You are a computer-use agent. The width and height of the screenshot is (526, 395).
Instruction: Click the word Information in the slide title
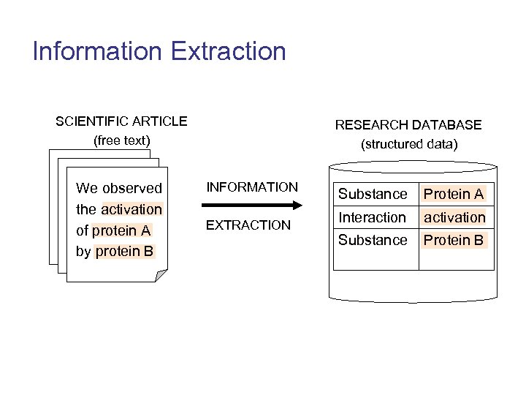pyautogui.click(x=98, y=51)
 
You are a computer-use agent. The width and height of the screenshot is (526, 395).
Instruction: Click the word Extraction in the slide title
pyautogui.click(x=228, y=51)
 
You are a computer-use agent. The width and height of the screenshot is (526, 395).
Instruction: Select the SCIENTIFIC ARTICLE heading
pyautogui.click(x=121, y=121)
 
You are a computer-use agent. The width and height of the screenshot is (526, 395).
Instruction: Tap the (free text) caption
pyautogui.click(x=121, y=140)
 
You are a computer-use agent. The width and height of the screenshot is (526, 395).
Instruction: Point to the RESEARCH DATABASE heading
pyautogui.click(x=408, y=125)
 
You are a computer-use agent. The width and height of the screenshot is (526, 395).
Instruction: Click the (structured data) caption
pyautogui.click(x=409, y=144)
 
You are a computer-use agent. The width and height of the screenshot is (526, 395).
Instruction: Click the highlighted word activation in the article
pyautogui.click(x=131, y=209)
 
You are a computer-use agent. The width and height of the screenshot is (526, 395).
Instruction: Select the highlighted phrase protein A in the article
pyautogui.click(x=121, y=230)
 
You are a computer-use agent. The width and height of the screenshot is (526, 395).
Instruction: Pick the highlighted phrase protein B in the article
pyautogui.click(x=124, y=252)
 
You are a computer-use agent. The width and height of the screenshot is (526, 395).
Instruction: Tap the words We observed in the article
pyautogui.click(x=119, y=188)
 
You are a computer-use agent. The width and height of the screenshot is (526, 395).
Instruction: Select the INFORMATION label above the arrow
pyautogui.click(x=252, y=187)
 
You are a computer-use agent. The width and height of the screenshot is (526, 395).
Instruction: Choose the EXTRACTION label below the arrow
pyautogui.click(x=248, y=225)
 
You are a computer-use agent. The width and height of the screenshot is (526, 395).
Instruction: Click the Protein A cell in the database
pyautogui.click(x=454, y=194)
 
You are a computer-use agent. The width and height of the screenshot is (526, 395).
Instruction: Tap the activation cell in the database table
pyautogui.click(x=454, y=217)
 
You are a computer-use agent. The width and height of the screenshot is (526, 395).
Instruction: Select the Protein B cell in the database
pyautogui.click(x=454, y=240)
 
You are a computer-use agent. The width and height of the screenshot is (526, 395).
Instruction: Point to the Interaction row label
pyautogui.click(x=372, y=217)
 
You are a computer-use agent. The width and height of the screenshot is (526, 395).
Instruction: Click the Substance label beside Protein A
pyautogui.click(x=373, y=194)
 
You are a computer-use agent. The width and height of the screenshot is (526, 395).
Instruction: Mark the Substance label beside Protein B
pyautogui.click(x=373, y=240)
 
